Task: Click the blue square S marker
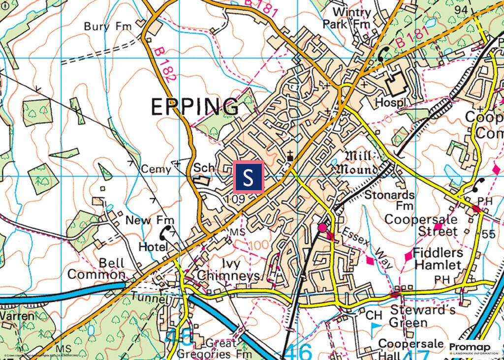pyautogui.click(x=249, y=177)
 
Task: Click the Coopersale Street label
pyautogui.click(x=421, y=225)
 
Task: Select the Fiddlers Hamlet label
pyautogui.click(x=438, y=259)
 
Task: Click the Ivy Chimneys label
pyautogui.click(x=228, y=270)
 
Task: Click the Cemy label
pyautogui.click(x=156, y=169)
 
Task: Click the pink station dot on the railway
pyautogui.click(x=322, y=228)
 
